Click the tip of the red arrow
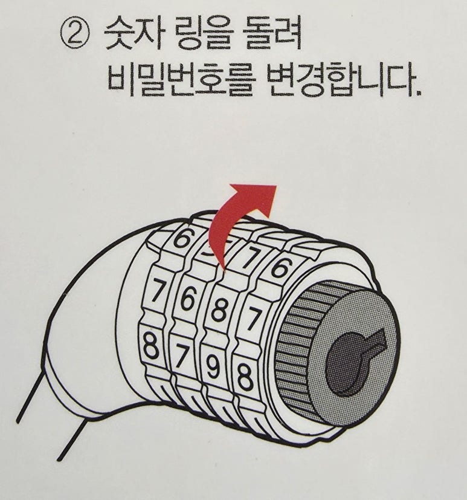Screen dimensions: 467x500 277,186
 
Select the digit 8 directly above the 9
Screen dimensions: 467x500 220,308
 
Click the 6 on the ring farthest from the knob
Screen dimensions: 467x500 182,238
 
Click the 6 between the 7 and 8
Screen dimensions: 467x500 188,297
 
